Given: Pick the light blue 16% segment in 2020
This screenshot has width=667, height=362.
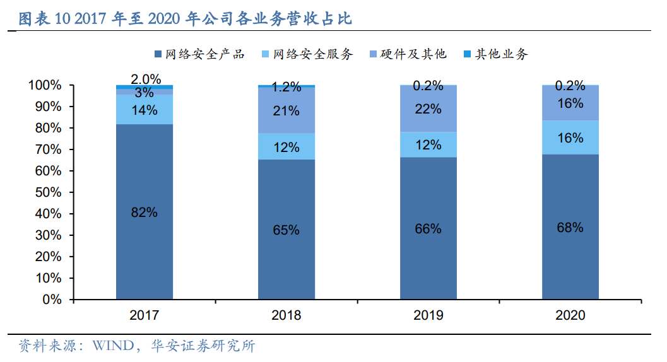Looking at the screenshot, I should pos(570,137).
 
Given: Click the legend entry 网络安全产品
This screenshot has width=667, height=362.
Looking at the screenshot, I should pos(199,54).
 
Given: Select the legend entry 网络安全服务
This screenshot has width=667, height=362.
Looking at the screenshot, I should pos(307,54).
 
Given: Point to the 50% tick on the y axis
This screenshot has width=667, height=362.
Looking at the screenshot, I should pos(48,192).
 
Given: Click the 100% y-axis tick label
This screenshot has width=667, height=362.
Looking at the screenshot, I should pos(45,85).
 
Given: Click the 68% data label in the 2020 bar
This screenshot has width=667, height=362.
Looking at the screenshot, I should pos(570,228).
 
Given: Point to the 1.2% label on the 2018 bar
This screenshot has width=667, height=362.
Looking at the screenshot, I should pos(286,88).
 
